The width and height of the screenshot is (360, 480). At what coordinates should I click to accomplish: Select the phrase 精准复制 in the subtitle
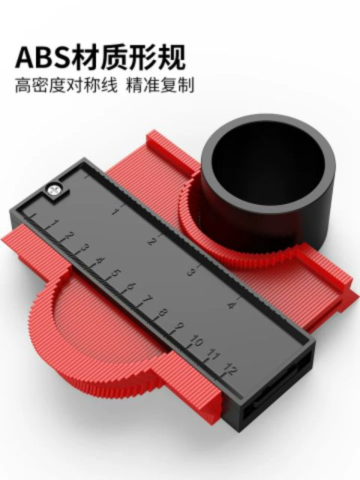point(160,85)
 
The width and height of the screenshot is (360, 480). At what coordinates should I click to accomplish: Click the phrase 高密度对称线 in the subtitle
point(66,85)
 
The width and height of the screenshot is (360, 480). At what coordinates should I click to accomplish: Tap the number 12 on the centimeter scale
point(230,369)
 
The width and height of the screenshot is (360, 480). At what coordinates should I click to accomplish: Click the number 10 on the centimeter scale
point(196,340)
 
